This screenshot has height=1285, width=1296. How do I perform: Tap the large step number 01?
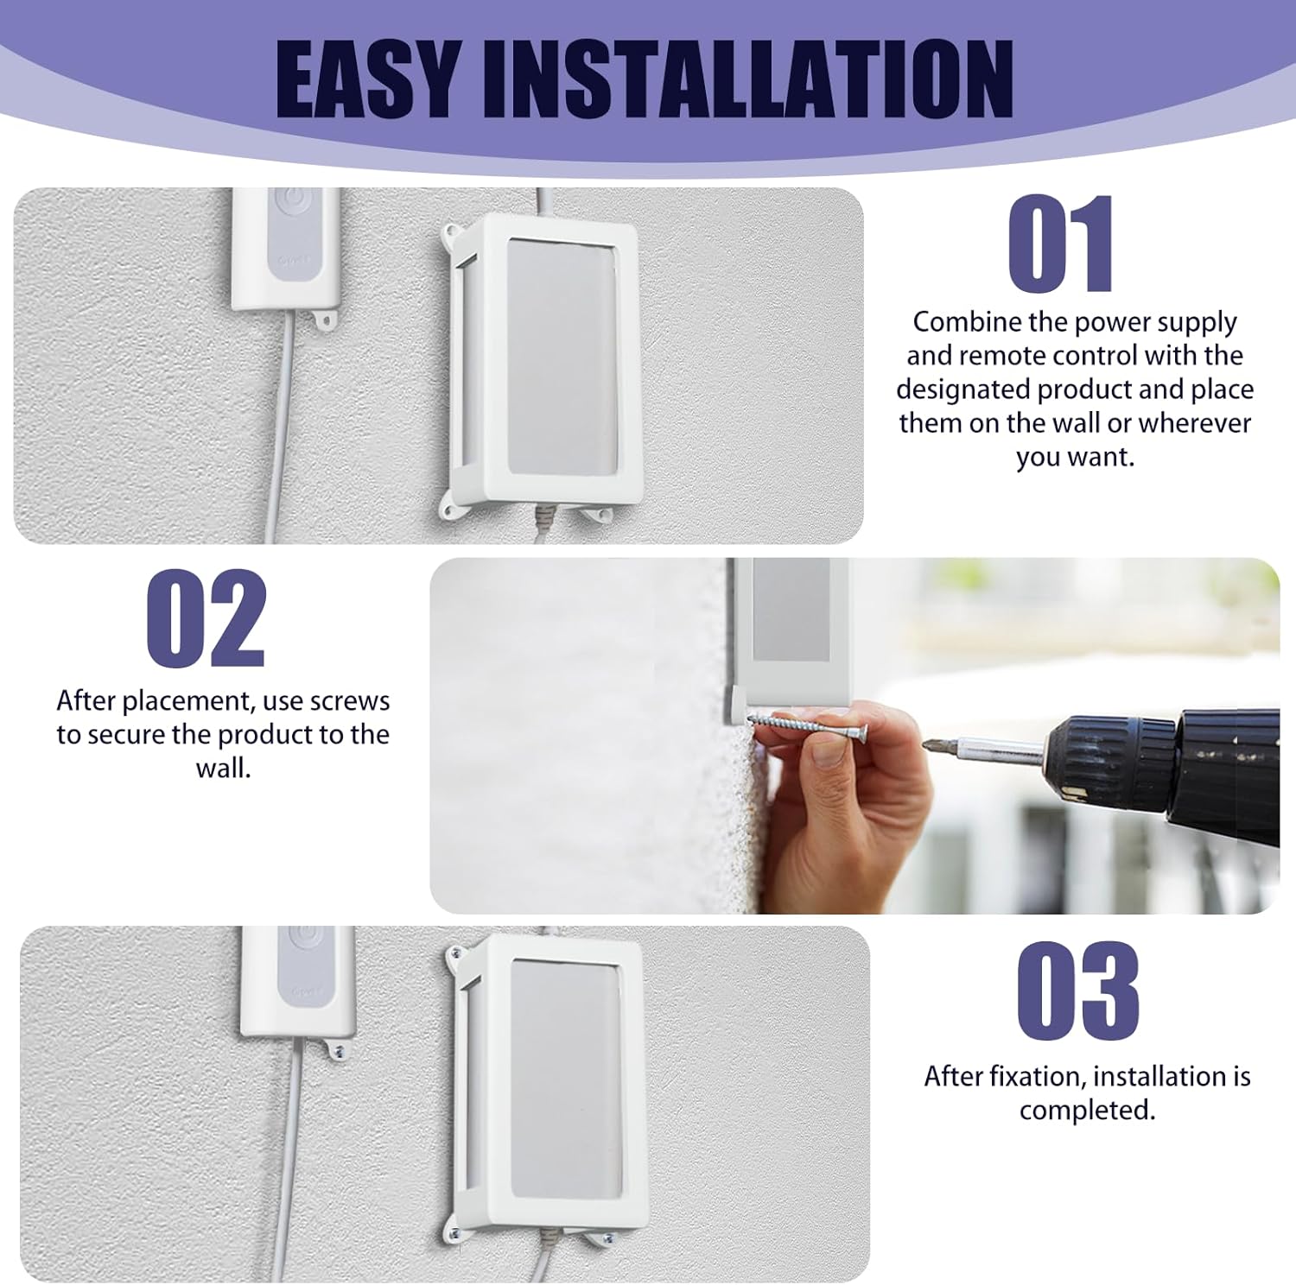tap(1061, 244)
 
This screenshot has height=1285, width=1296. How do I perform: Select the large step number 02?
tap(206, 618)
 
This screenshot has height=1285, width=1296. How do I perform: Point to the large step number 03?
tap(1077, 991)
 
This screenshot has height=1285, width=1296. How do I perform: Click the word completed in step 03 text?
tap(1087, 1110)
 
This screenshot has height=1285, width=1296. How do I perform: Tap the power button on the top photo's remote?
tap(295, 210)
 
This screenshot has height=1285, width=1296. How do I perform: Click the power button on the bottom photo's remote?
tap(305, 940)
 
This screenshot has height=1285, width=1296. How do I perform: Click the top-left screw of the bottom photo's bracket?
tap(454, 955)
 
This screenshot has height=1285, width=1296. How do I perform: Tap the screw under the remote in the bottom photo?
tap(338, 1053)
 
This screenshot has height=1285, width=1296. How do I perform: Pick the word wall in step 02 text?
tap(223, 768)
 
